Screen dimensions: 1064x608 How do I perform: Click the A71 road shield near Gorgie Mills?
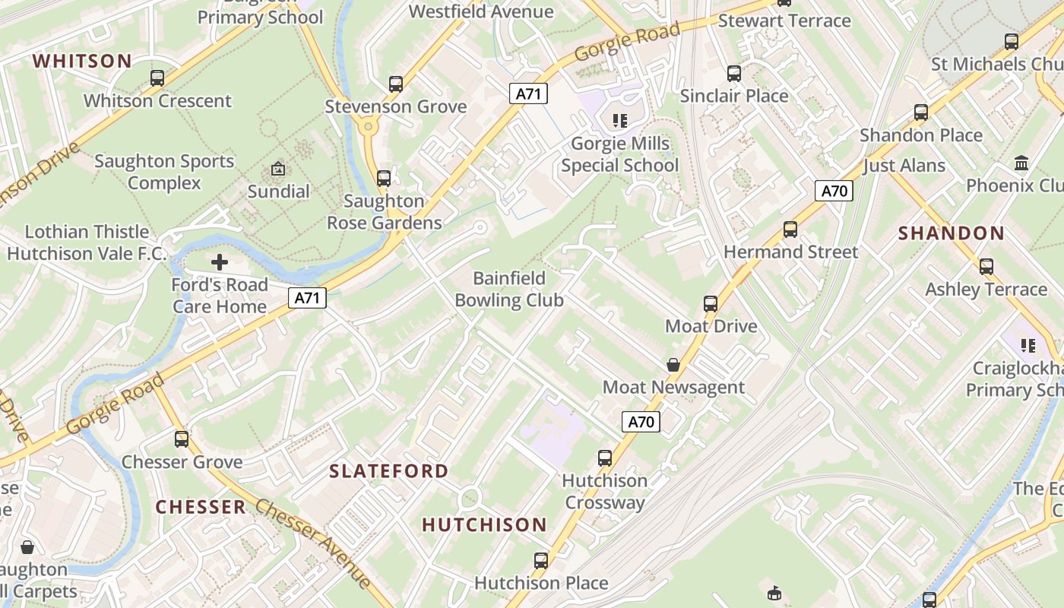(528, 93)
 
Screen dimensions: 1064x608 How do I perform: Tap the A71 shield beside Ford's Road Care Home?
(307, 298)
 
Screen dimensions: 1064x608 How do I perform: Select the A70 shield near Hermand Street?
(834, 191)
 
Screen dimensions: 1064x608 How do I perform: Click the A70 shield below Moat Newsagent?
(641, 422)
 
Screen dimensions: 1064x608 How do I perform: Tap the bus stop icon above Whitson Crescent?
(157, 78)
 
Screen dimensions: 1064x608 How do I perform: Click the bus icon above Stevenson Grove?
(396, 84)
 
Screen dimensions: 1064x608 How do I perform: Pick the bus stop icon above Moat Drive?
(711, 304)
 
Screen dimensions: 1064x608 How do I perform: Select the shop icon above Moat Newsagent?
(673, 365)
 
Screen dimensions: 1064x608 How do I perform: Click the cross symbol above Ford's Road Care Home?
(220, 263)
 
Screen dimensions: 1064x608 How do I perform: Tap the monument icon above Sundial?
(278, 169)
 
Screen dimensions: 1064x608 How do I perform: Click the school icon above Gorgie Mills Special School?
(620, 120)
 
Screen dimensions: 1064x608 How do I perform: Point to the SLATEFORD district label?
(388, 471)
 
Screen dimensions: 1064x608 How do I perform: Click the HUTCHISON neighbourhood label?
(484, 524)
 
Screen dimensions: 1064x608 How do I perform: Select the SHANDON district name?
(952, 233)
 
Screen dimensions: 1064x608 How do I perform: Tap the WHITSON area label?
(82, 61)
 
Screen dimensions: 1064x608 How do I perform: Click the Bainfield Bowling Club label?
(509, 290)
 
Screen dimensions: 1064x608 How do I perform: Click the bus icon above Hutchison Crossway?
(605, 458)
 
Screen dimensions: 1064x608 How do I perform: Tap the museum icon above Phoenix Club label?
(1021, 163)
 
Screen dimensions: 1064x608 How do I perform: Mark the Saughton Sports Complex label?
(164, 172)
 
